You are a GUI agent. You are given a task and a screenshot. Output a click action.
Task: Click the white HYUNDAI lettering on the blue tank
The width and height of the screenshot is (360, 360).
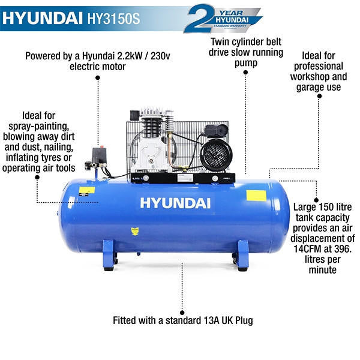175,202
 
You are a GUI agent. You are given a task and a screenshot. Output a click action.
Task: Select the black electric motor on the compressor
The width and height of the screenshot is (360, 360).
217,153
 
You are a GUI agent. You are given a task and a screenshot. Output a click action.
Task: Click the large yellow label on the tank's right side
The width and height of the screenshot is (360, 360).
256,196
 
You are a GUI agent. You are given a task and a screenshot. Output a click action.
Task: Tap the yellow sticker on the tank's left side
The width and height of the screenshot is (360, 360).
87,191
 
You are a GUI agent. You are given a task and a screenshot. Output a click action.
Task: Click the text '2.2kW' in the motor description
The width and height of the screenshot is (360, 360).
123,56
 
